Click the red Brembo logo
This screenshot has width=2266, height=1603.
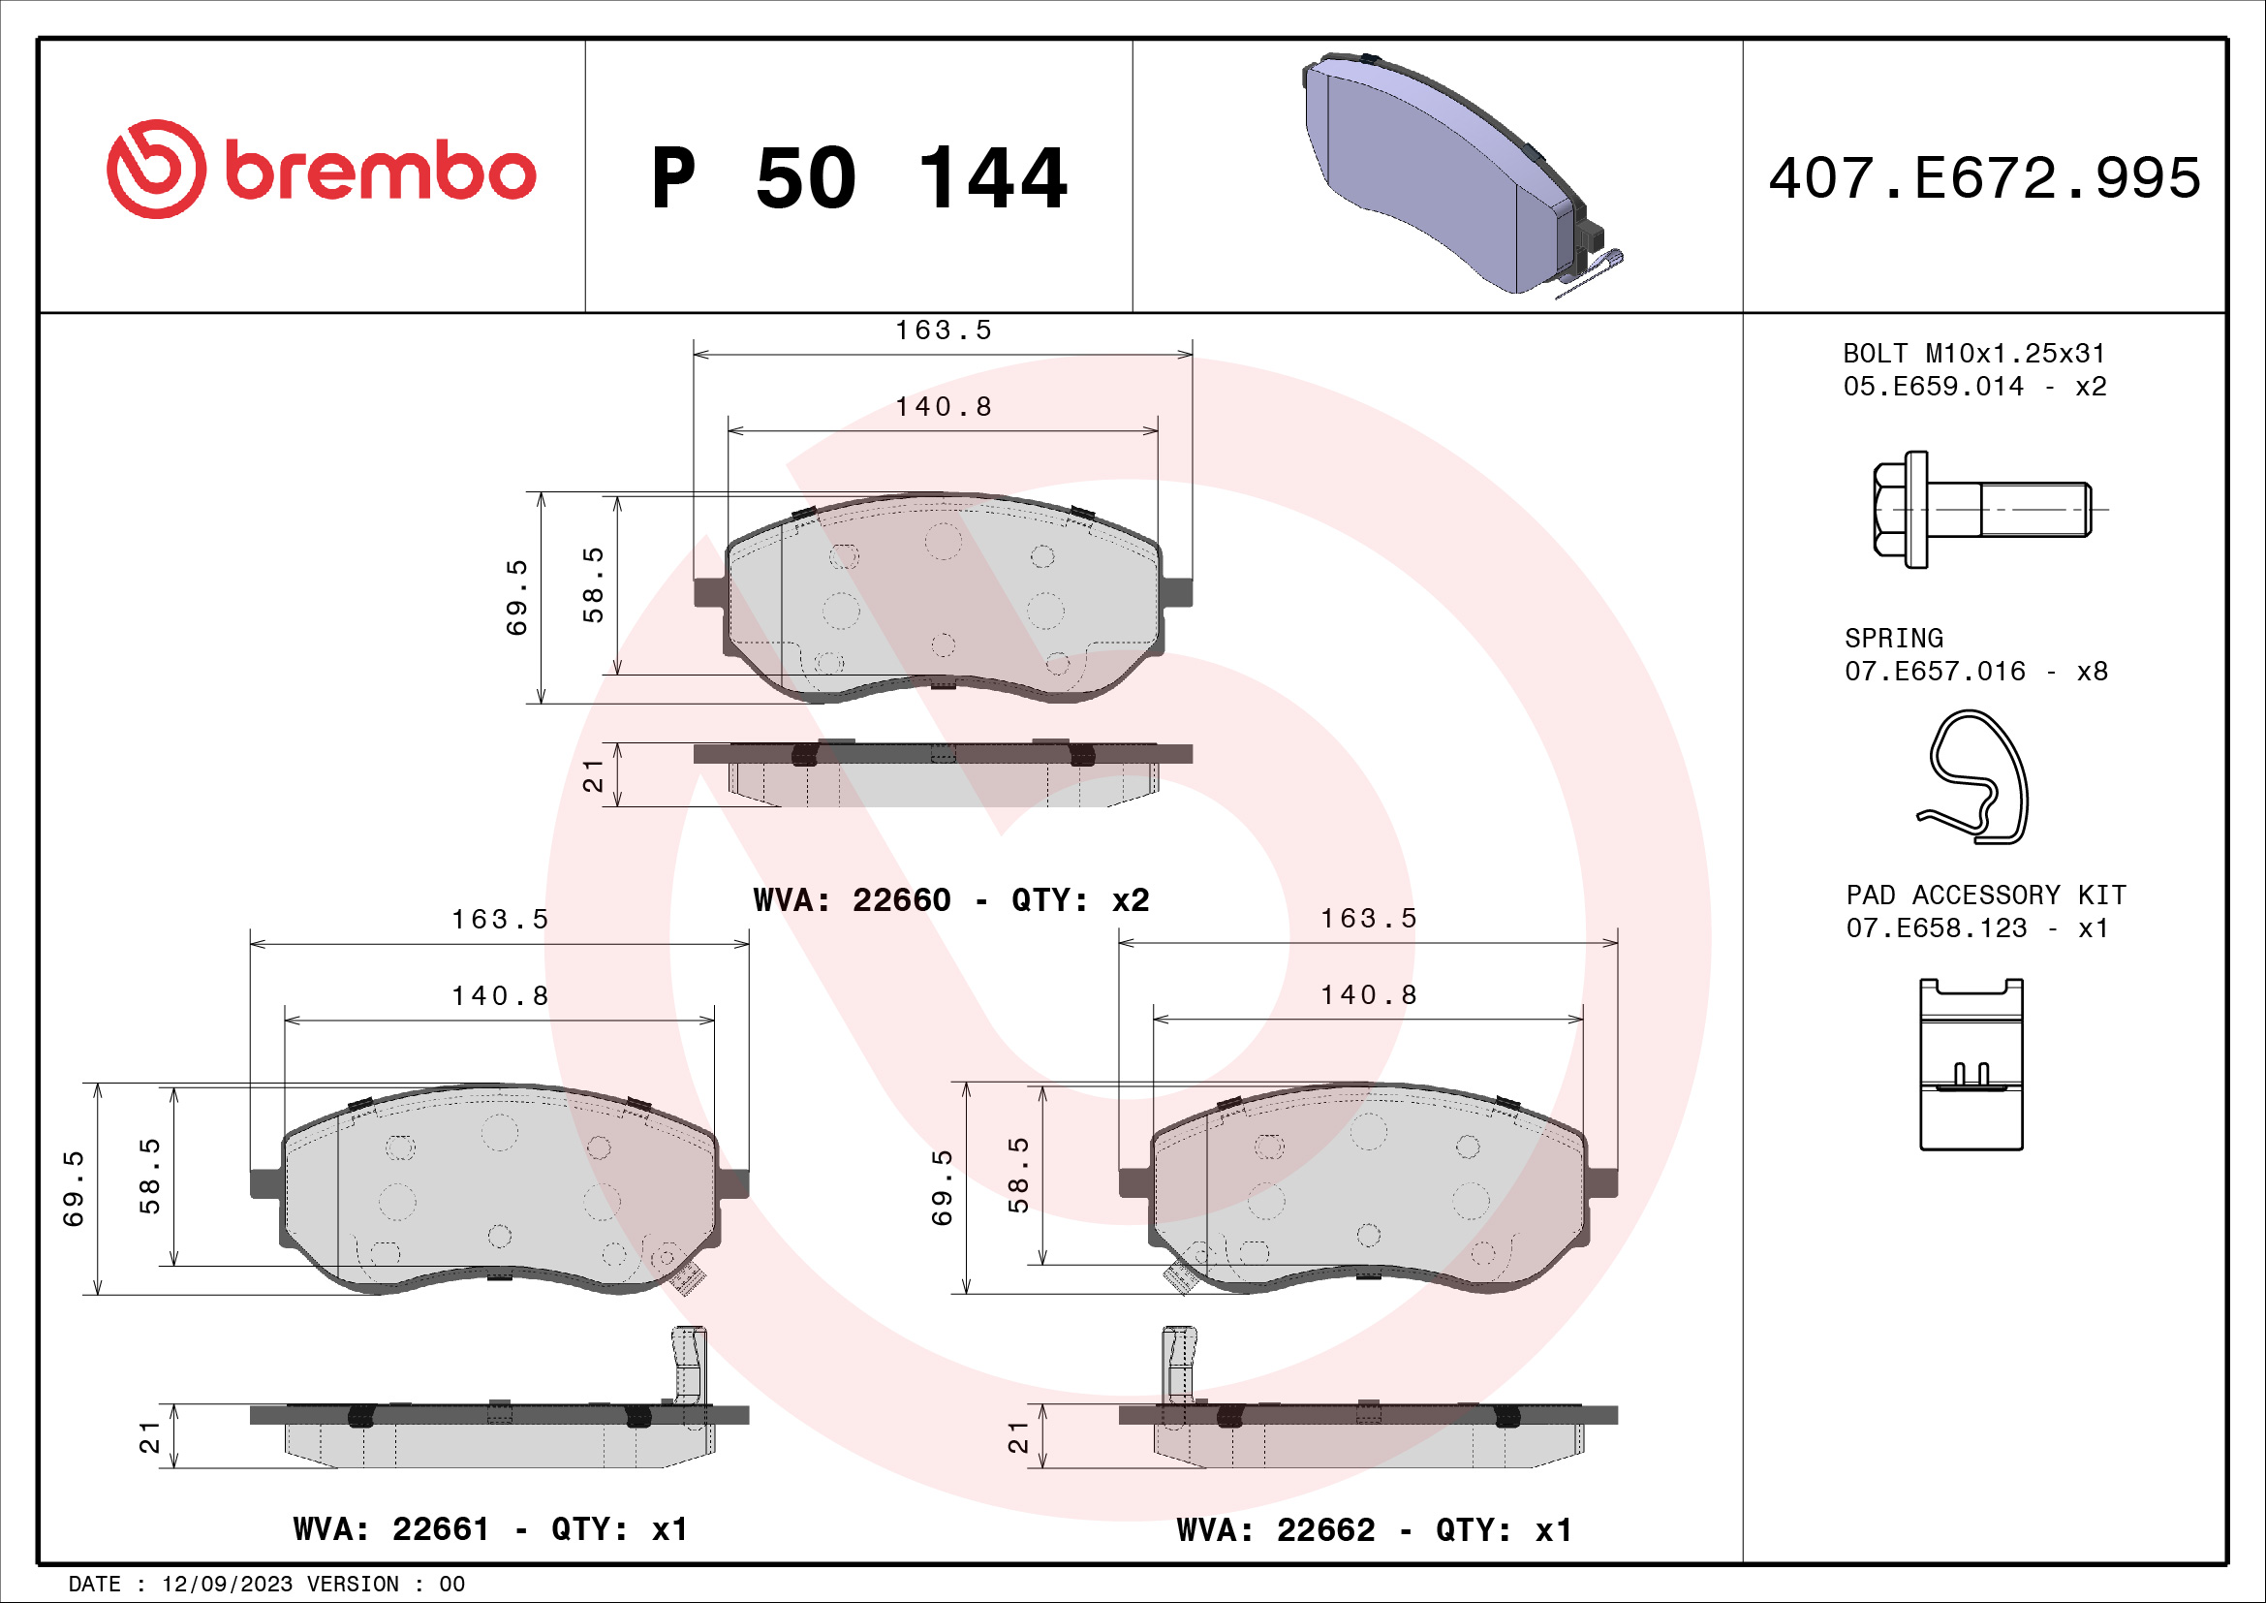click(322, 170)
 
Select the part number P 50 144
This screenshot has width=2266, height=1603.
click(859, 178)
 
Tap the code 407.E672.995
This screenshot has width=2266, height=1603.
click(1985, 177)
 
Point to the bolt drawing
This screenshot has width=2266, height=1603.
click(1982, 510)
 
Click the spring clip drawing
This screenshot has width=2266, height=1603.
click(1972, 777)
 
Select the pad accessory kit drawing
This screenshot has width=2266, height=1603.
click(1971, 1064)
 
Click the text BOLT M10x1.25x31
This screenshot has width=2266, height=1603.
click(1973, 354)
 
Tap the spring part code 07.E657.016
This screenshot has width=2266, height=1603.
click(1935, 672)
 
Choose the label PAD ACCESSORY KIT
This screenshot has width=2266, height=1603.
click(1986, 895)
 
